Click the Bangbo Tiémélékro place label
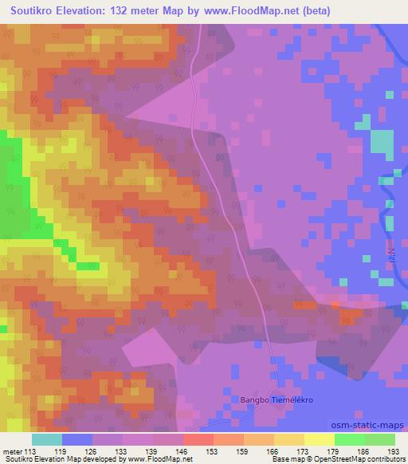coord(272,399)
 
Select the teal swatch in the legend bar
coord(47,439)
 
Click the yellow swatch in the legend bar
coord(319,439)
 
